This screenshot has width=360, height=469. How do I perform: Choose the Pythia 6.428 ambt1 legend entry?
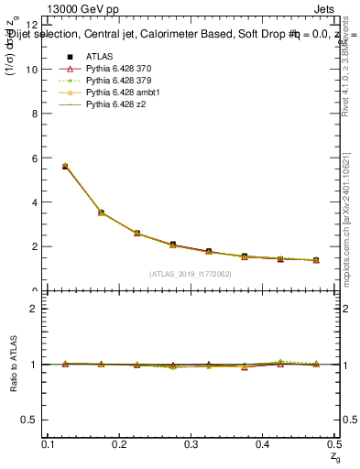(x=122, y=93)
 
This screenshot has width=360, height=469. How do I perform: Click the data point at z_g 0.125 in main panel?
(x=64, y=166)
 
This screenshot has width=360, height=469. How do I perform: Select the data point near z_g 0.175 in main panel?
(x=101, y=213)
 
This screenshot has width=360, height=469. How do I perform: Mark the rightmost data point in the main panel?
(x=316, y=260)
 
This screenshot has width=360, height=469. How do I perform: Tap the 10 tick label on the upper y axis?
(x=31, y=70)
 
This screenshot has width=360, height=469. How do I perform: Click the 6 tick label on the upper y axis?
(x=34, y=158)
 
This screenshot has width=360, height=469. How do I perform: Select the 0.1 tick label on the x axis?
(x=48, y=443)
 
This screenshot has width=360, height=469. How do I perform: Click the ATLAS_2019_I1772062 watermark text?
(x=191, y=273)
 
